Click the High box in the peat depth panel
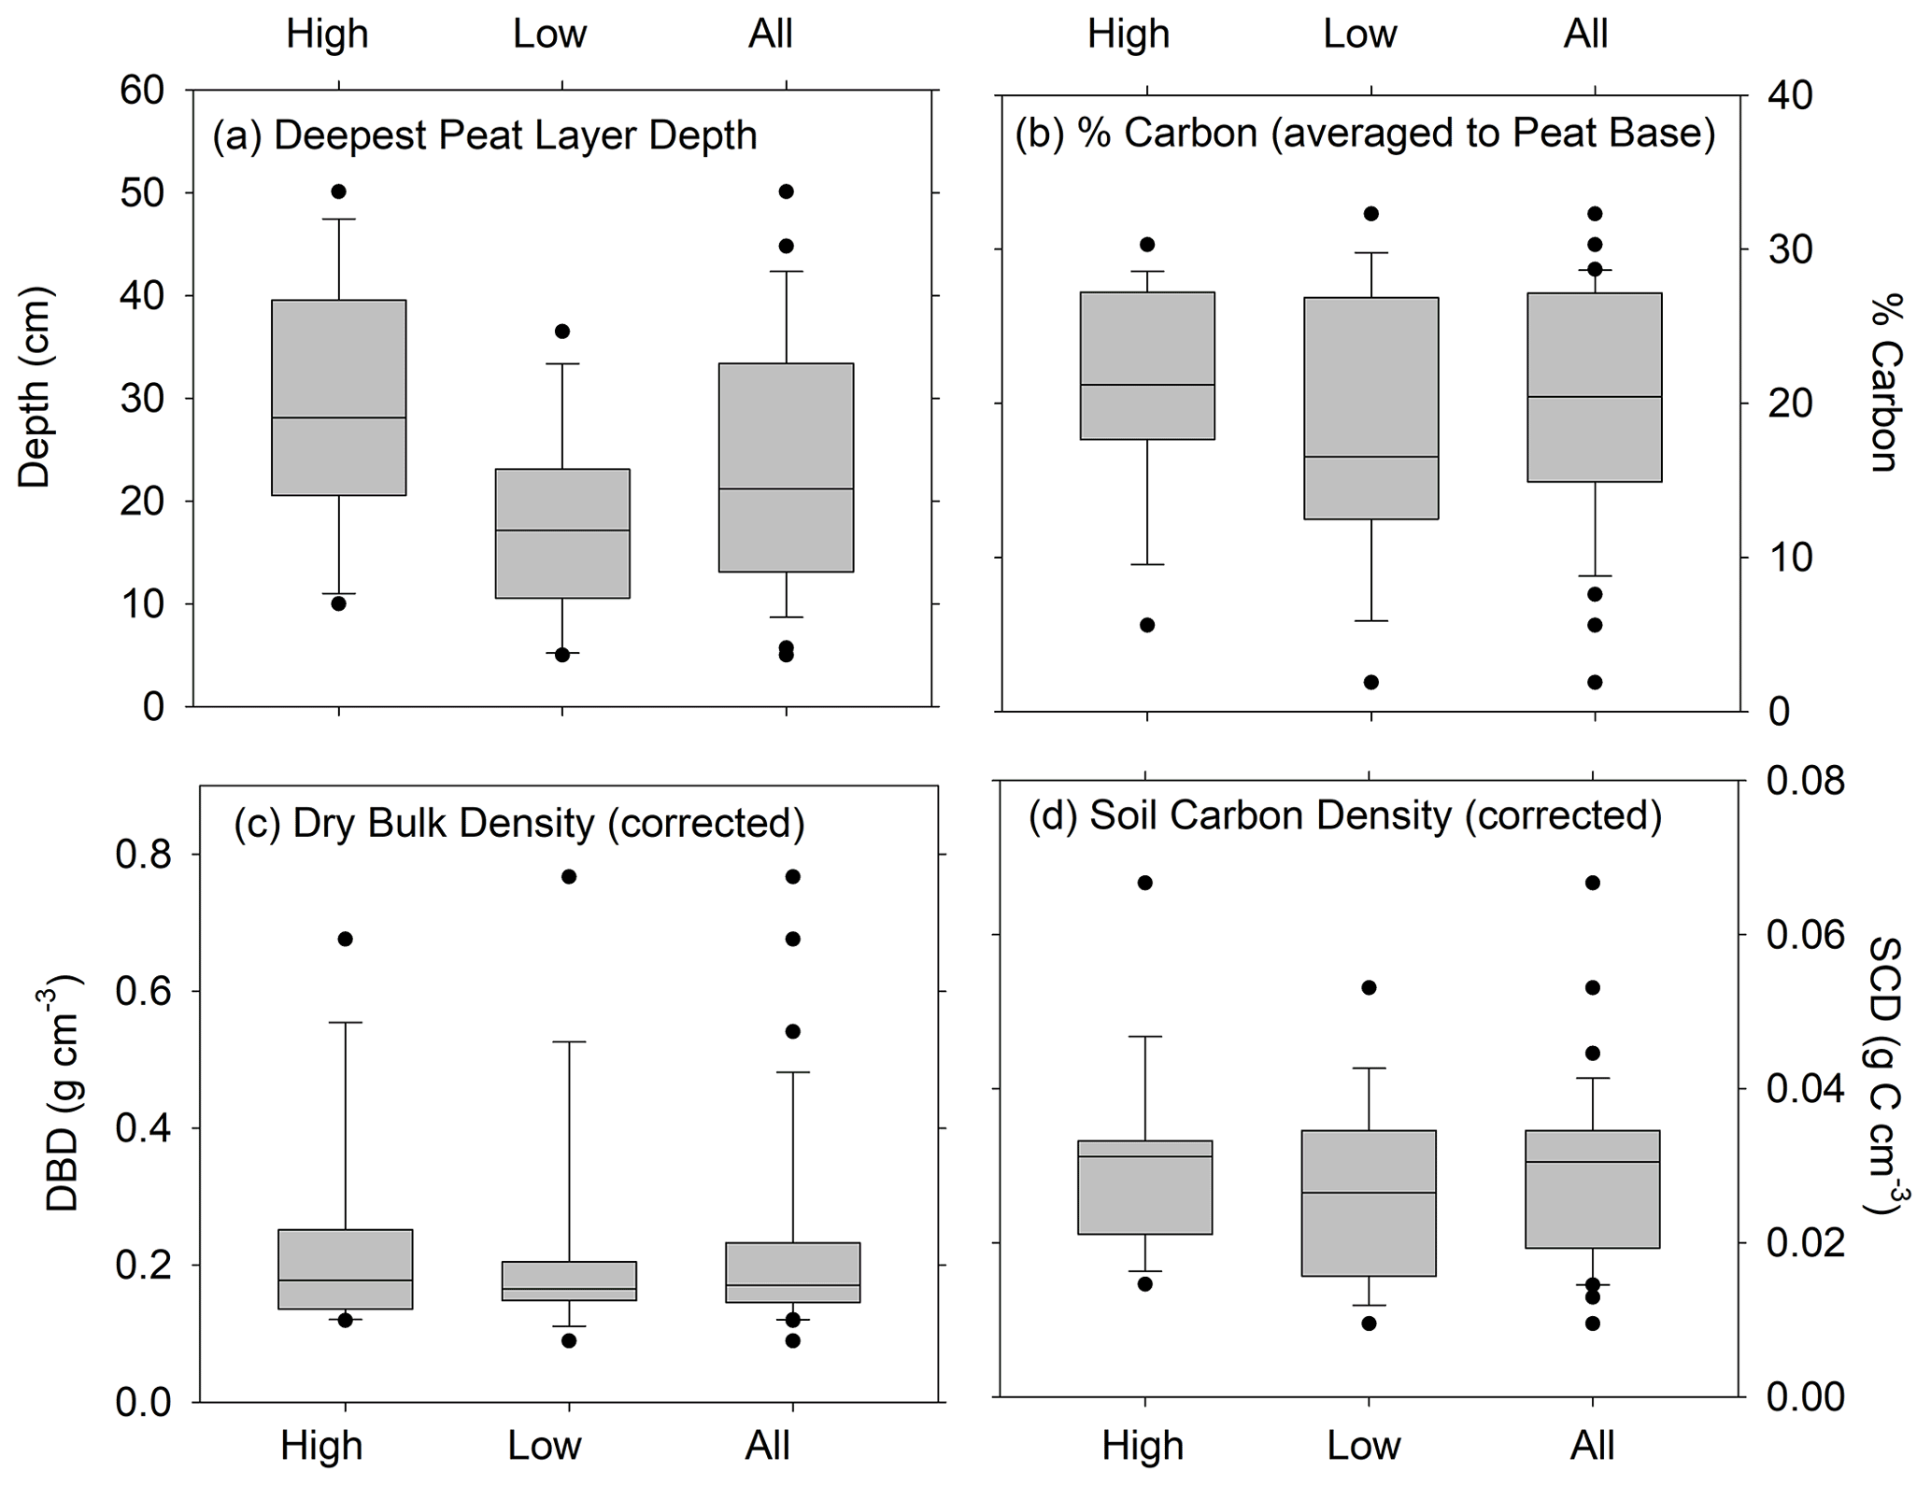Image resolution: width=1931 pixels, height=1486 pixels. click(338, 397)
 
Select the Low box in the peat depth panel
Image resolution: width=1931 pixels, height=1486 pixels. click(561, 532)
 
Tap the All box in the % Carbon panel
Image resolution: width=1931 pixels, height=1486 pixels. click(1594, 387)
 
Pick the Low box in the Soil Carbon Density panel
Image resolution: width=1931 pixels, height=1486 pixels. click(1369, 1203)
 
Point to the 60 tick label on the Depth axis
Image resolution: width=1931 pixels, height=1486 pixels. click(142, 91)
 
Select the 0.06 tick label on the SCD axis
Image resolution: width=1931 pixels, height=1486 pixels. click(1805, 935)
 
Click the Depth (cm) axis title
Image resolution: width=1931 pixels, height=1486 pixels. click(35, 388)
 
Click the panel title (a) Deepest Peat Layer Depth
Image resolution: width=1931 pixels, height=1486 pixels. click(484, 136)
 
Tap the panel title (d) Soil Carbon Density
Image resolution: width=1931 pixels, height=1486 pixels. click(1345, 815)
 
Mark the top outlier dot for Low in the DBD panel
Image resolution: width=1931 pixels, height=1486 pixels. click(569, 876)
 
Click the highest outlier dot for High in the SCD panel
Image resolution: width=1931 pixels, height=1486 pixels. click(1145, 883)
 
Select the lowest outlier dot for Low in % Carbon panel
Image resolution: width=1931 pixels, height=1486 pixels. click(1370, 682)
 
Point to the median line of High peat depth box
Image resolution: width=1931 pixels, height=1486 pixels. click(338, 417)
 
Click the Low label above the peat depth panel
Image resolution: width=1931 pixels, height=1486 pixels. click(549, 35)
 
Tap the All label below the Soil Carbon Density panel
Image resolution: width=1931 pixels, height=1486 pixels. click(1592, 1445)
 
